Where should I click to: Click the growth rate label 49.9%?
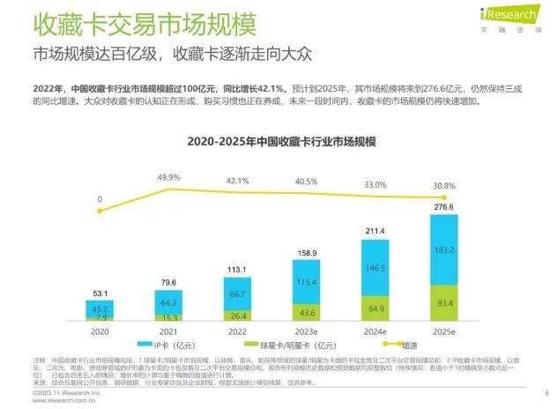point(168,178)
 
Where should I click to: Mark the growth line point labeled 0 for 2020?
point(100,211)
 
